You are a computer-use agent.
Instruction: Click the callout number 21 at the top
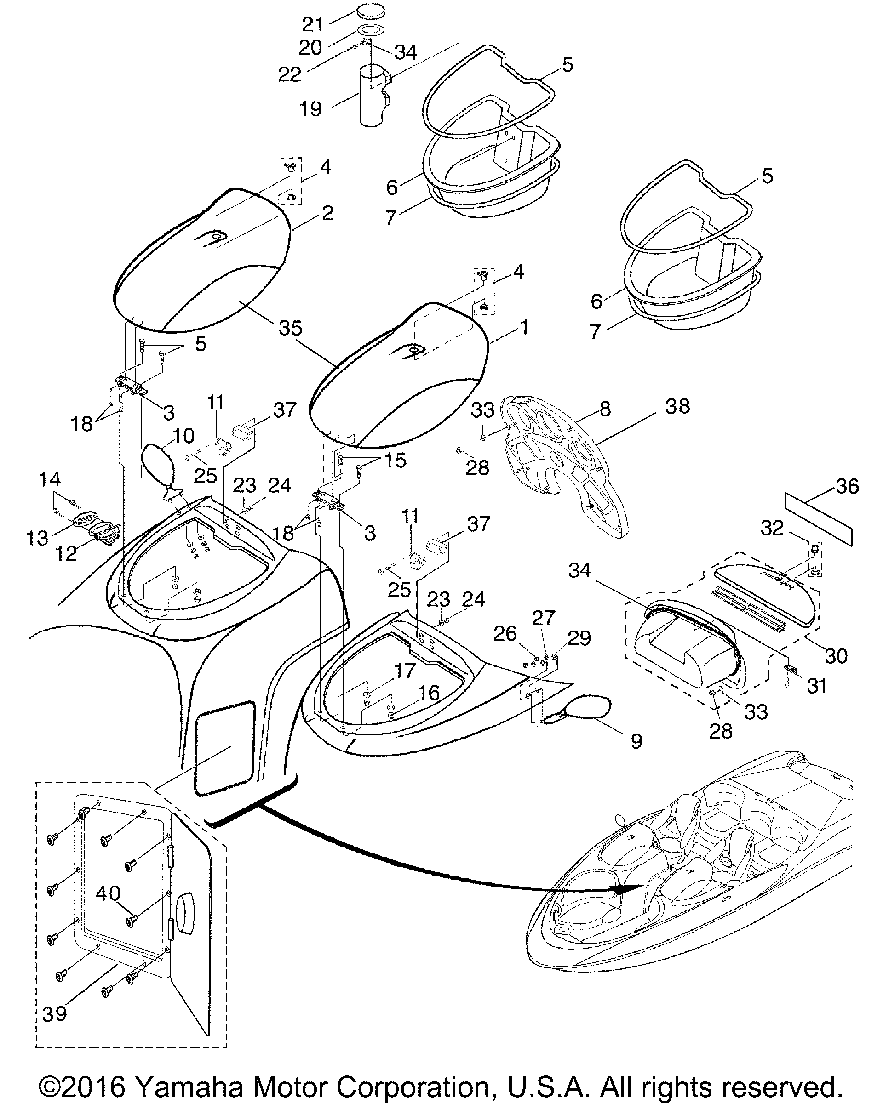coord(312,24)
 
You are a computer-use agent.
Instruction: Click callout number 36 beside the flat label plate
coord(847,486)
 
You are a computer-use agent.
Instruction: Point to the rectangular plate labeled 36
coord(818,518)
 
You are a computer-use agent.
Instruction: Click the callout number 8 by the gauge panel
coord(605,409)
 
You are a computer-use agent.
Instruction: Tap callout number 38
coord(677,406)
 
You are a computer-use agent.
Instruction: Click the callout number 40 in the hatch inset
coord(108,893)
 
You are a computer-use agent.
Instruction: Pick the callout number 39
coord(55,1014)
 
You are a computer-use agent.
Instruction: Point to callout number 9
coord(636,741)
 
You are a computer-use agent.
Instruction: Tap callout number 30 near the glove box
coord(836,656)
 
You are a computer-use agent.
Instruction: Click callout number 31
coord(817,686)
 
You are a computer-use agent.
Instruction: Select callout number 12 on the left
coord(66,553)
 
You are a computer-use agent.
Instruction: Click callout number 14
coord(50,479)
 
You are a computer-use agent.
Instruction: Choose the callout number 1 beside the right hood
coord(524,327)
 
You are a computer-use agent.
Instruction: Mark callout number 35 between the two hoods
coord(290,328)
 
